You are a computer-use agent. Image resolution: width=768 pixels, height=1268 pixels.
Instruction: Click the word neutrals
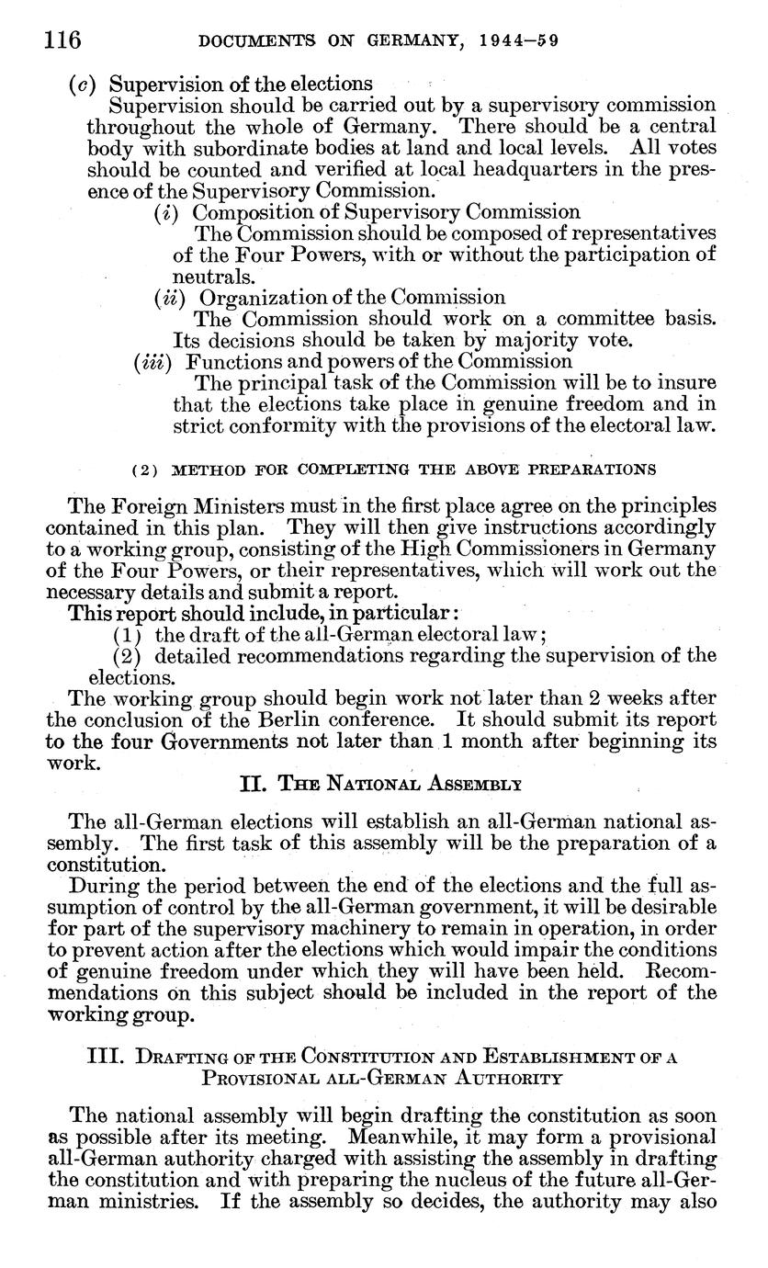[x=203, y=276]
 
